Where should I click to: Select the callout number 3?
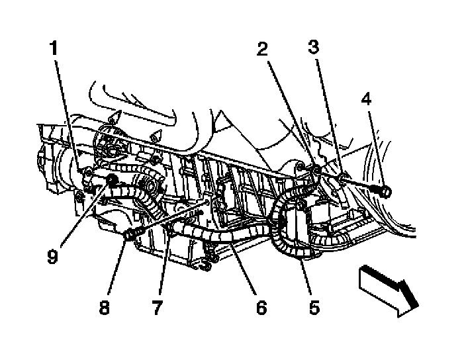click(313, 47)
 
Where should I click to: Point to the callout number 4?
click(366, 100)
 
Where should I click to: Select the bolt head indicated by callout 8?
click(130, 234)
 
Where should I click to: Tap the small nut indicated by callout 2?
click(316, 171)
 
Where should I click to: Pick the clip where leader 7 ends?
click(170, 230)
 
